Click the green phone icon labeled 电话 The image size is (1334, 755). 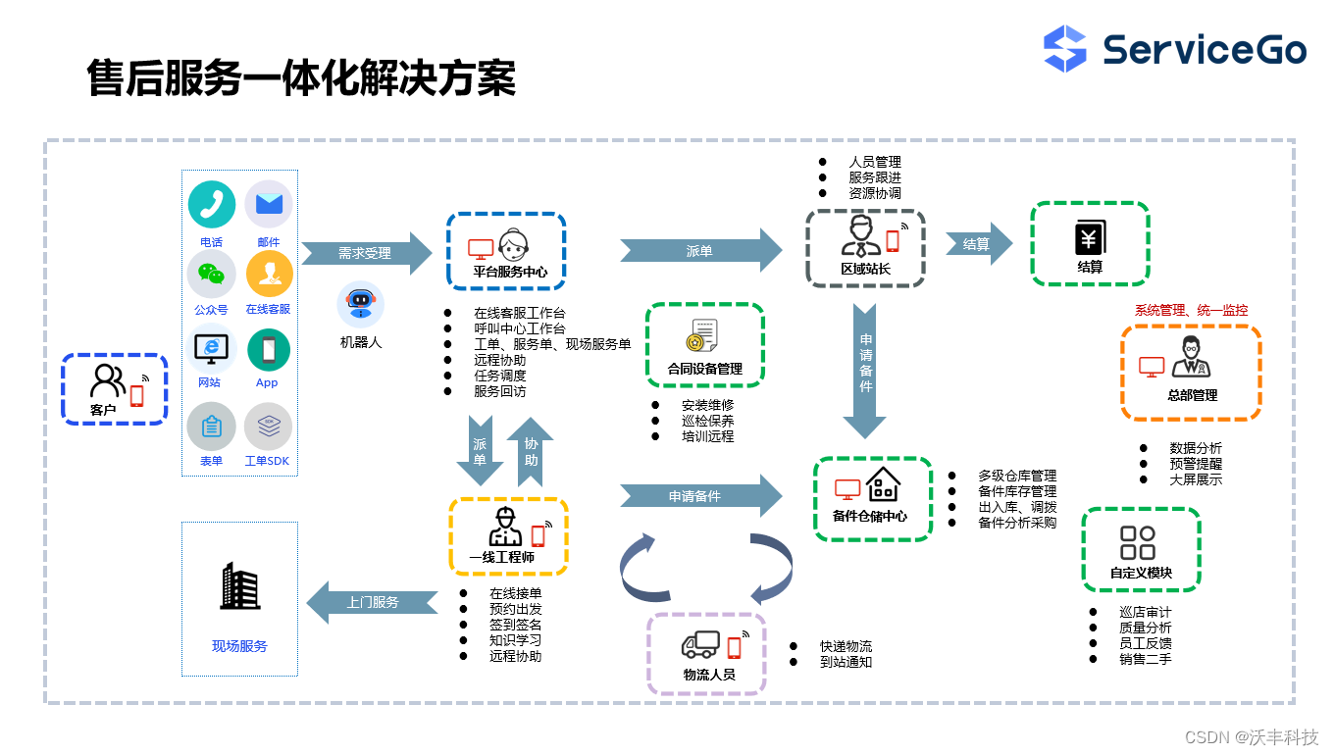(x=212, y=204)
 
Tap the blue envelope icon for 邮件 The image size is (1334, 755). (x=269, y=204)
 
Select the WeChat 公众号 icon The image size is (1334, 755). (x=212, y=274)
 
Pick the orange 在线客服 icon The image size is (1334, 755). (x=269, y=274)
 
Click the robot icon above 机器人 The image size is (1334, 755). (x=360, y=303)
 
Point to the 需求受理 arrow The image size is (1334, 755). (x=366, y=253)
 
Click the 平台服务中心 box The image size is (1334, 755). (x=506, y=251)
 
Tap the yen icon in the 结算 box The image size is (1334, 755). (x=1090, y=238)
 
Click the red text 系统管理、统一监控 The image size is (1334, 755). (x=1191, y=310)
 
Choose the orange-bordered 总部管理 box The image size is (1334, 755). (x=1191, y=373)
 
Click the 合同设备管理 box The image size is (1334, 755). (x=704, y=344)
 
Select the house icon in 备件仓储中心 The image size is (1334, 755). (x=883, y=483)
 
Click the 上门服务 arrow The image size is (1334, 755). (x=372, y=602)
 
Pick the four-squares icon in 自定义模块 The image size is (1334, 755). (x=1138, y=542)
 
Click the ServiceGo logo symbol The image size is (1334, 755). (x=1065, y=49)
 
